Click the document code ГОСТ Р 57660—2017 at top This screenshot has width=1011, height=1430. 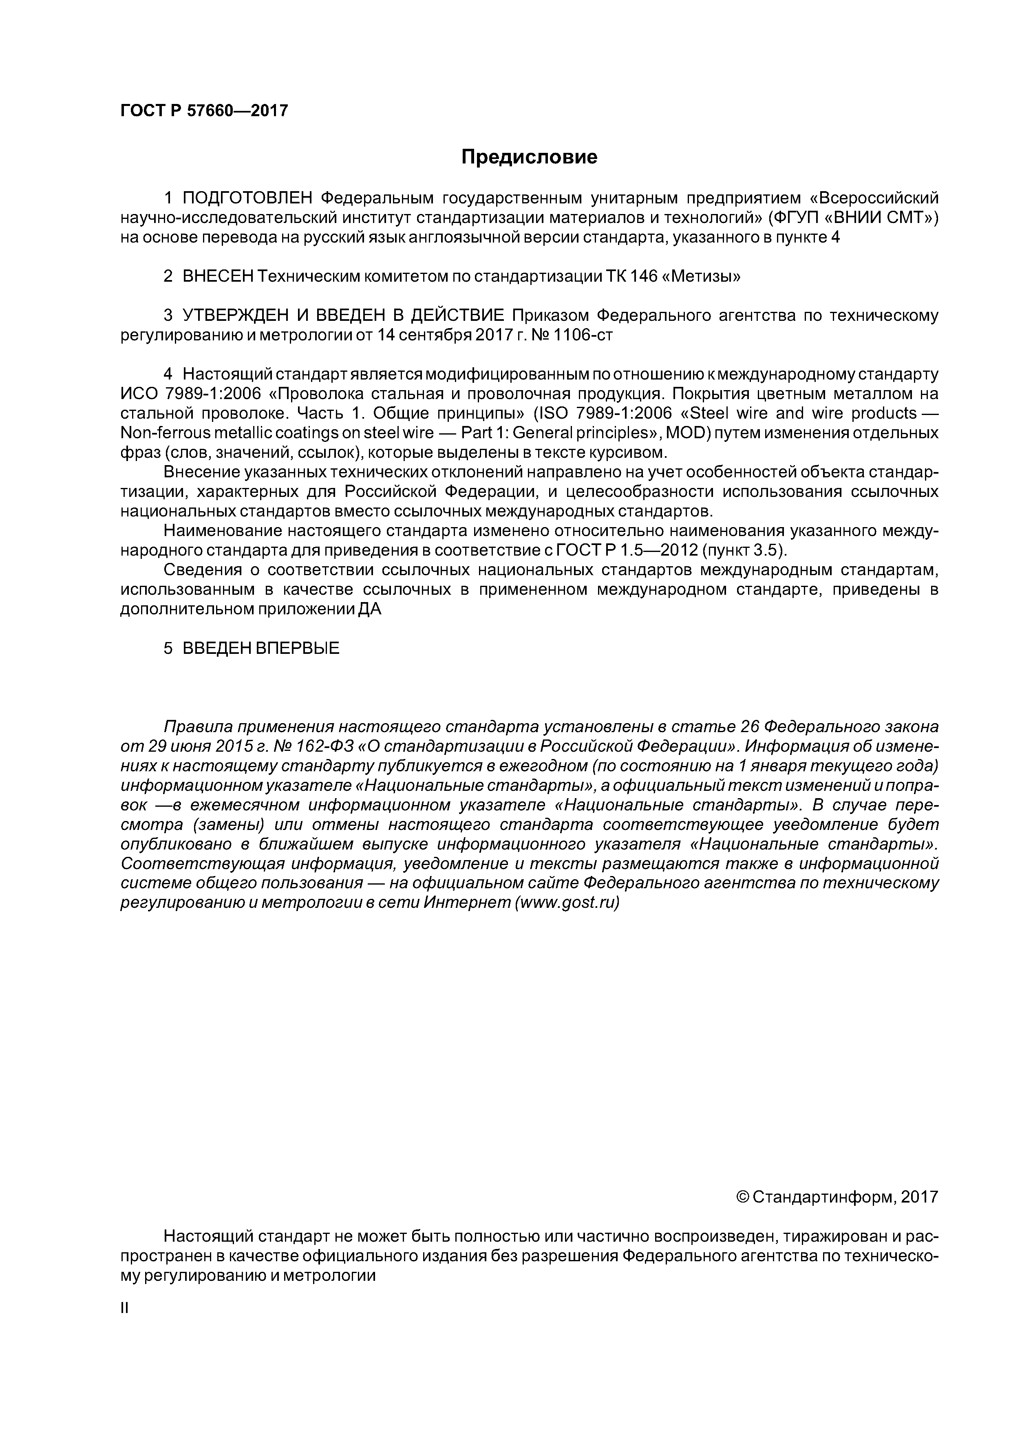pyautogui.click(x=204, y=111)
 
